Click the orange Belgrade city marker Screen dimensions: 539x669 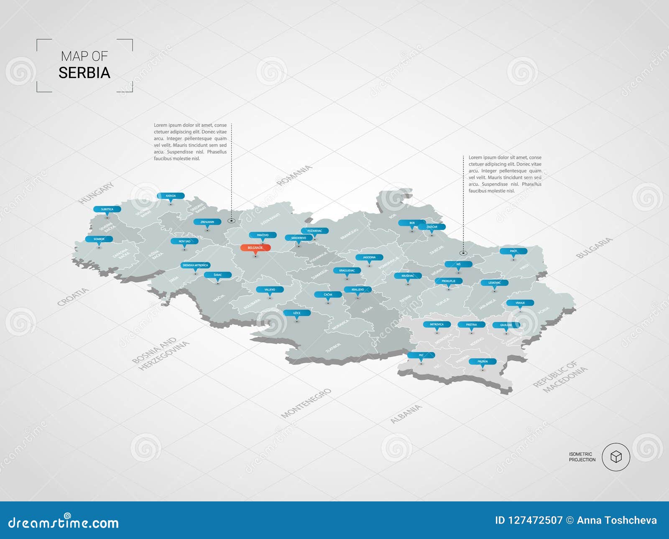click(255, 248)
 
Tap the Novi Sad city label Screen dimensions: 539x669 click(184, 241)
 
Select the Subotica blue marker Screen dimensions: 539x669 click(107, 209)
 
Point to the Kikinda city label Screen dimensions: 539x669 click(171, 196)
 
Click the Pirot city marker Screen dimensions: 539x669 click(513, 251)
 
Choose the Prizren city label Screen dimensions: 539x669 click(483, 361)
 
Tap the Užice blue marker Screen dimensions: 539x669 click(297, 313)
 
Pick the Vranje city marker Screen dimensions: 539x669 click(520, 303)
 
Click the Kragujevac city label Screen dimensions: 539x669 click(347, 270)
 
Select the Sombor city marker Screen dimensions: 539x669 click(99, 239)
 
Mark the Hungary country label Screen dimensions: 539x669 click(96, 193)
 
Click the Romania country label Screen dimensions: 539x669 click(294, 175)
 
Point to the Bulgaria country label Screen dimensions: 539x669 click(594, 247)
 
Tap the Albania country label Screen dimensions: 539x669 click(406, 414)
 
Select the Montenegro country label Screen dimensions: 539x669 click(306, 403)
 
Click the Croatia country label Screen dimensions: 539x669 click(73, 297)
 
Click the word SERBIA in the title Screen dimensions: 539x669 click(84, 73)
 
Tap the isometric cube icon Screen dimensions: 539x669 click(616, 457)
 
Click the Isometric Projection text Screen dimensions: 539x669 click(582, 457)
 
